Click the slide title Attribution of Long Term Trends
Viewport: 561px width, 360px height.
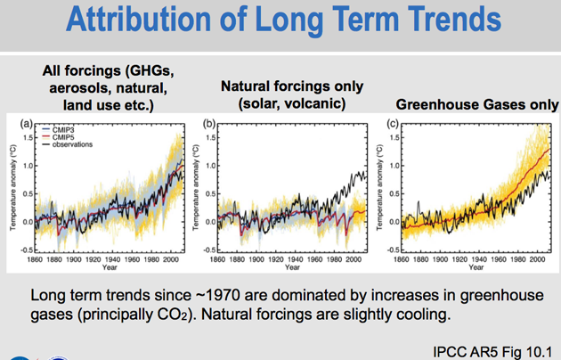280,22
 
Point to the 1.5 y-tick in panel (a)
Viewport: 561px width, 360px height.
28,138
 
